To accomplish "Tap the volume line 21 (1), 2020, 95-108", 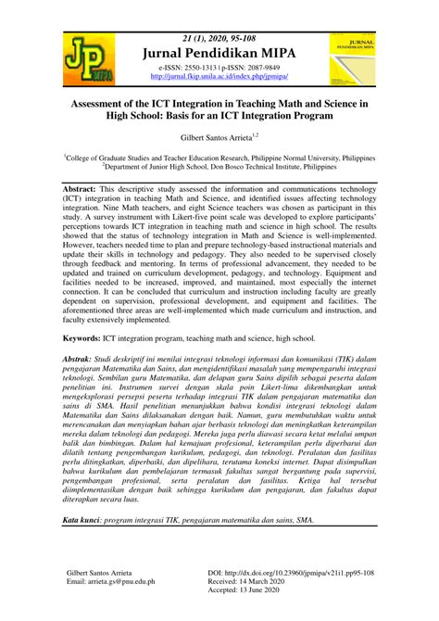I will click(x=219, y=38).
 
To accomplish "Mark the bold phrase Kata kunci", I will click(x=86, y=546).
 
